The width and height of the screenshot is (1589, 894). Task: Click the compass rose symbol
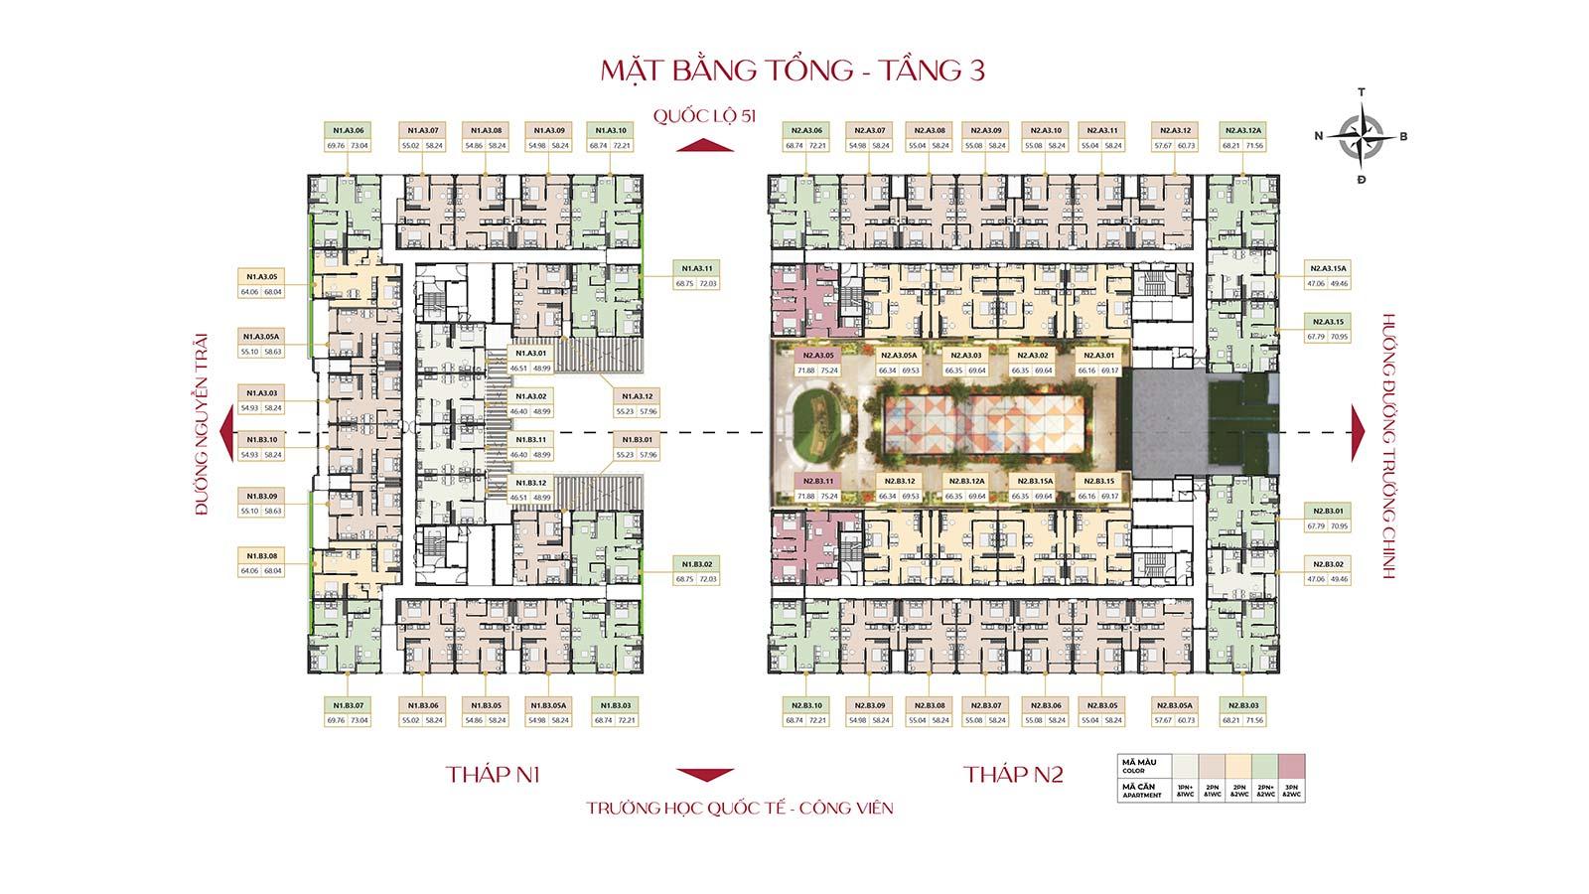[1361, 137]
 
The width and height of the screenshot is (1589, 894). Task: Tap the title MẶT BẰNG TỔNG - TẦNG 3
[793, 71]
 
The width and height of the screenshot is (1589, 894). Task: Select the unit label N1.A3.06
[347, 130]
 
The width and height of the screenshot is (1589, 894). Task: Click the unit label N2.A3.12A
[1242, 130]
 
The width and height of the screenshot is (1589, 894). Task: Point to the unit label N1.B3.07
[347, 705]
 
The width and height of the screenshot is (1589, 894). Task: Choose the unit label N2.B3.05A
[1173, 705]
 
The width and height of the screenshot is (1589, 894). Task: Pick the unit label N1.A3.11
[696, 269]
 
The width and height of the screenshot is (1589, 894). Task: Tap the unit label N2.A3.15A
[1327, 269]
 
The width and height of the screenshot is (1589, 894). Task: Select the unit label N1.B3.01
[637, 440]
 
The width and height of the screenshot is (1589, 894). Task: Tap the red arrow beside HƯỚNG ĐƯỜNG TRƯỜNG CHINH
[1358, 433]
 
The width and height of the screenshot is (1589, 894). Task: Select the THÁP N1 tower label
[493, 775]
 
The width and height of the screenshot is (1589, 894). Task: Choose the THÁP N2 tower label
[1013, 775]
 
